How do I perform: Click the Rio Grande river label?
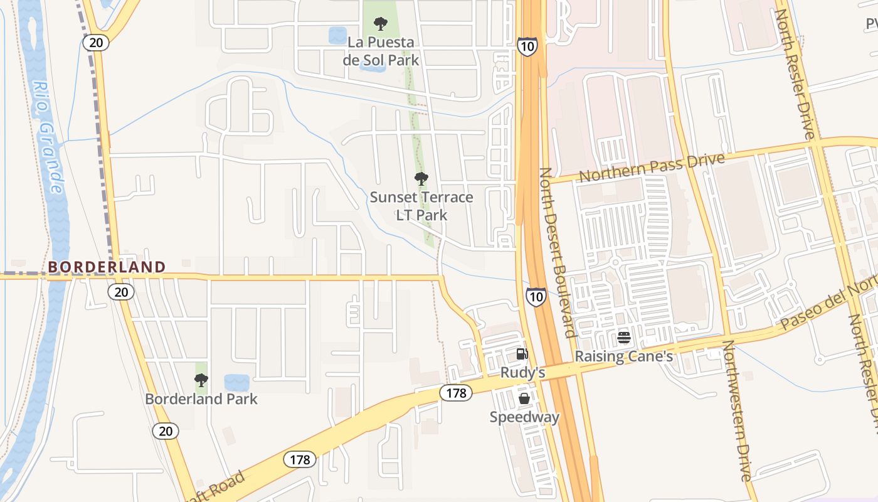tap(48, 137)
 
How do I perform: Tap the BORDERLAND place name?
tap(107, 267)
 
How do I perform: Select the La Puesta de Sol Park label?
tap(381, 51)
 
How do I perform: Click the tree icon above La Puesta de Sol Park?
tap(380, 24)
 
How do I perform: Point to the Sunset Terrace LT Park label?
tap(421, 206)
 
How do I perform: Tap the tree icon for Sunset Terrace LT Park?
tap(421, 179)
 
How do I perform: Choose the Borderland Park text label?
tap(201, 399)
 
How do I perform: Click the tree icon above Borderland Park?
tap(201, 380)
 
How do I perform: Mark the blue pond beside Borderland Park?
tap(236, 382)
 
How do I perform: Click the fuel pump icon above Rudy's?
tap(522, 354)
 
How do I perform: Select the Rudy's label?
tap(522, 373)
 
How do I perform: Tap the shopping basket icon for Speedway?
tap(524, 398)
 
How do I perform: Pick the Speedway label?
tap(524, 417)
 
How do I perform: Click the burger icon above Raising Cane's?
tap(623, 338)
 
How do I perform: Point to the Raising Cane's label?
tap(624, 356)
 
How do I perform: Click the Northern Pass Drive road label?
tap(652, 168)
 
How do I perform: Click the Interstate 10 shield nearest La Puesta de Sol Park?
tap(527, 46)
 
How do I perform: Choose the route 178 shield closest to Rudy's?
tap(456, 393)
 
